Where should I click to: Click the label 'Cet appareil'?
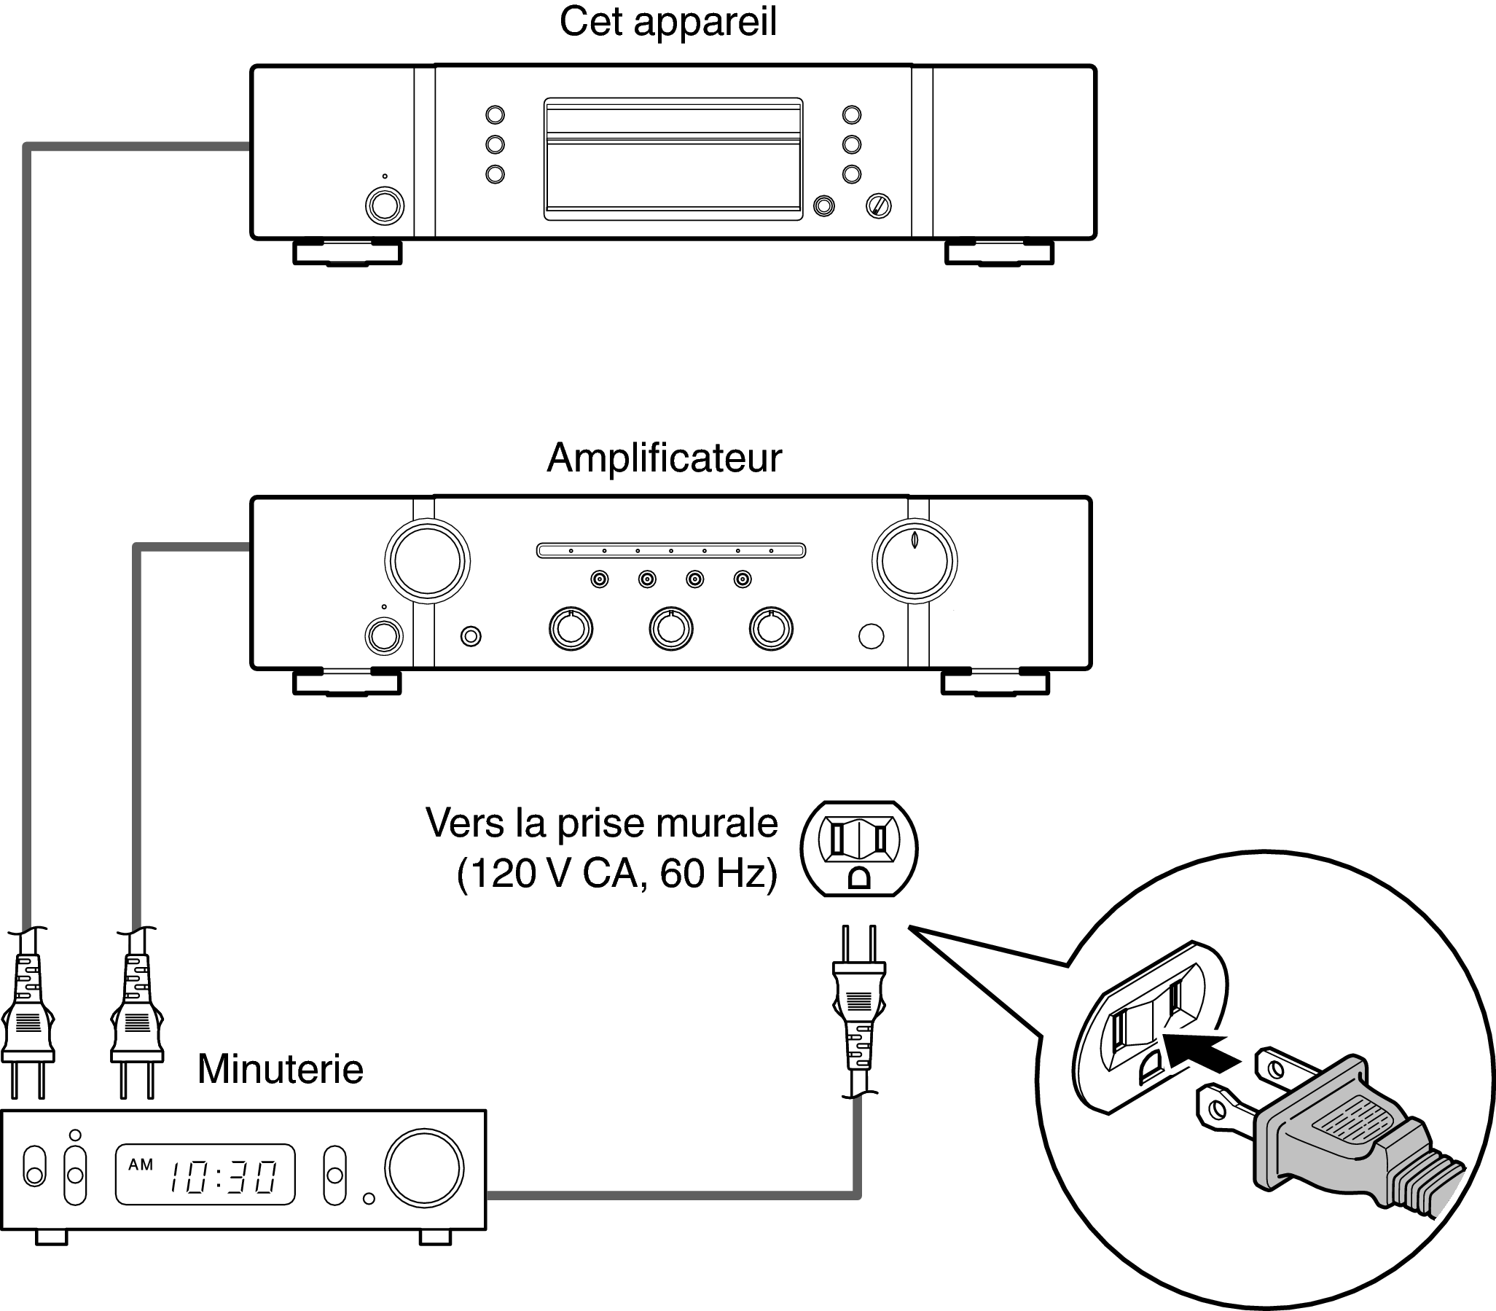pyautogui.click(x=667, y=23)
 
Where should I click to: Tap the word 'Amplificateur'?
pyautogui.click(x=665, y=458)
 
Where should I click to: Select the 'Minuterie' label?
pyautogui.click(x=280, y=1070)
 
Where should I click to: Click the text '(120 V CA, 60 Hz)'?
pyautogui.click(x=616, y=874)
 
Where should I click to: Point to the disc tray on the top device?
pyautogui.click(x=673, y=159)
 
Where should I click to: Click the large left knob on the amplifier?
pyautogui.click(x=427, y=561)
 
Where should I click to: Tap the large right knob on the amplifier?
pyautogui.click(x=915, y=562)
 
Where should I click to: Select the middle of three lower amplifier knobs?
pyautogui.click(x=671, y=628)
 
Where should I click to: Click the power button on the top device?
pyautogui.click(x=385, y=206)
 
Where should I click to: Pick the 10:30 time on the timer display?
pyautogui.click(x=223, y=1177)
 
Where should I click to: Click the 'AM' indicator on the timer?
pyautogui.click(x=141, y=1164)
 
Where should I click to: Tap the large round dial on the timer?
pyautogui.click(x=425, y=1168)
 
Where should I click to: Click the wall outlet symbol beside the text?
pyautogui.click(x=859, y=849)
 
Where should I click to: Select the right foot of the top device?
pyautogui.click(x=999, y=252)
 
